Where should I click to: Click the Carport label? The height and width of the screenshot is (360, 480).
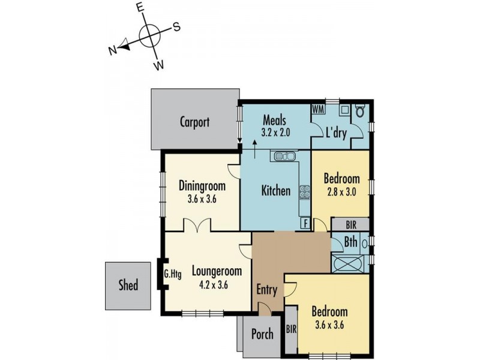(x=194, y=122)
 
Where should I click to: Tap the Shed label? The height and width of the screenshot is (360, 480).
(x=128, y=285)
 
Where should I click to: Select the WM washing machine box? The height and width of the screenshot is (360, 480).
(x=319, y=109)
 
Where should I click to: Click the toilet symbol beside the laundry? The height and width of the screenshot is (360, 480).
(x=361, y=110)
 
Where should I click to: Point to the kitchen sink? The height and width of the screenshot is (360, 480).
(x=285, y=156)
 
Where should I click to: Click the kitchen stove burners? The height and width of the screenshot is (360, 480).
(x=305, y=193)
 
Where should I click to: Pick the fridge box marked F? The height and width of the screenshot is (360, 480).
(x=305, y=223)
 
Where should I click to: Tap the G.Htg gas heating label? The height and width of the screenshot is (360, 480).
(x=173, y=274)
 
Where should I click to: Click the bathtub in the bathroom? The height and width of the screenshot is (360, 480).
(x=348, y=263)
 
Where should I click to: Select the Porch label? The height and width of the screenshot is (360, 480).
(x=262, y=334)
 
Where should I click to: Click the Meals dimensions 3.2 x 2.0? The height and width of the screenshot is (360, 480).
(x=275, y=133)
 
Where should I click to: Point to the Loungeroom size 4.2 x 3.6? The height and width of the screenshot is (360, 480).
(x=214, y=286)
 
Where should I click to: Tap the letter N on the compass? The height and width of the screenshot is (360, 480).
(x=113, y=50)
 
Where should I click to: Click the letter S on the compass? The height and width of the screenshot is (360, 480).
(x=176, y=27)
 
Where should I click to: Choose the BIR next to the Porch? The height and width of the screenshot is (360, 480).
(x=292, y=329)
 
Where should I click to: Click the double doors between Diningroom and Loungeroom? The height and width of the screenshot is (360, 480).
(x=197, y=226)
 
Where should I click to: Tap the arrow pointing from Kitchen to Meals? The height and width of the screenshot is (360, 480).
(x=254, y=149)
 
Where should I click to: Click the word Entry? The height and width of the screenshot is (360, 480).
(x=267, y=290)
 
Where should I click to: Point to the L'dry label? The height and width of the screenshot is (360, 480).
(x=336, y=133)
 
